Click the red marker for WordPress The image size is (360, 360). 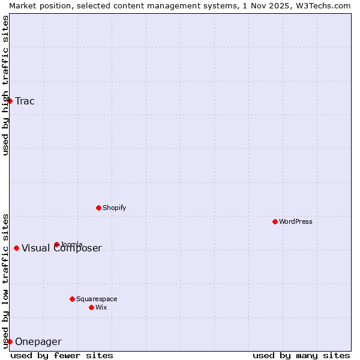pos(275,221)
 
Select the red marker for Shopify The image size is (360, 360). pos(98,208)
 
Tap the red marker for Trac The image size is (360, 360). pos(10,101)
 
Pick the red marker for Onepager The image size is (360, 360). pos(10,341)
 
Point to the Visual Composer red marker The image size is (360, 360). pos(16,248)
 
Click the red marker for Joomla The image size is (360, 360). pos(56,244)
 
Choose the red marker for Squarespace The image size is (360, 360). pos(72,299)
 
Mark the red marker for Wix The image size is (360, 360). pos(91,307)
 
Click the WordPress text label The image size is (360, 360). pos(296,221)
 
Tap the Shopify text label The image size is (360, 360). pos(115,208)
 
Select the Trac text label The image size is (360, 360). pos(25,101)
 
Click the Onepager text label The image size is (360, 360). pos(38,342)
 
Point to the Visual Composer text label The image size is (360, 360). pos(62,248)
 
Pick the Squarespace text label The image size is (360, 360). pos(97,299)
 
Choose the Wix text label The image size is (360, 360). pos(101,307)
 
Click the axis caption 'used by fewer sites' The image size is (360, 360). pos(62,355)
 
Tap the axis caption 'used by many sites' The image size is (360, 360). pos(301,355)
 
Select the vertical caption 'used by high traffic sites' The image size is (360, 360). pos(5,85)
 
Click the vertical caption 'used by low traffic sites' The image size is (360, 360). pos(5,281)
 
